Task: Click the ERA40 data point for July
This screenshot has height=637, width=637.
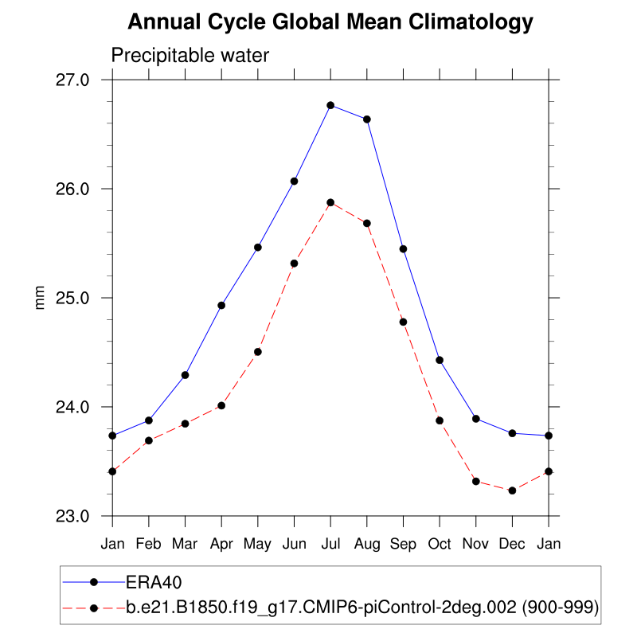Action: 330,105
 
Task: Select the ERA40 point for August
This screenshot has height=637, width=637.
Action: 366,119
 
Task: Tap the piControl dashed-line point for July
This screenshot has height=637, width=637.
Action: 330,202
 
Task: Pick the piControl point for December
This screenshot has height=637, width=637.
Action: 512,490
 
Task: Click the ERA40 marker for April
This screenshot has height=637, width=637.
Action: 221,305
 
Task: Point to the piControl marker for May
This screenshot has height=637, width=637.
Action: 258,351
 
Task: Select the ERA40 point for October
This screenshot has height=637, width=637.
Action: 440,360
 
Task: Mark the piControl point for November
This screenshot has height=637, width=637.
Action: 476,481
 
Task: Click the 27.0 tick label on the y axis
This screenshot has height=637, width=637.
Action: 83,80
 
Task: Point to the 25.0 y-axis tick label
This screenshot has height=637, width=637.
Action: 83,298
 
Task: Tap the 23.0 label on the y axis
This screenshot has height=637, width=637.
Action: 83,516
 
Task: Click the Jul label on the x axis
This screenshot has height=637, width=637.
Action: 330,543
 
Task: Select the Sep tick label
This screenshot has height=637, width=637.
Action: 403,543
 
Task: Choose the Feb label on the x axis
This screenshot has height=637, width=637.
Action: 149,543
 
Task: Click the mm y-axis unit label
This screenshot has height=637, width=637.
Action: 39,298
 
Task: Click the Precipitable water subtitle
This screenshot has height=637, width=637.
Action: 190,56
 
